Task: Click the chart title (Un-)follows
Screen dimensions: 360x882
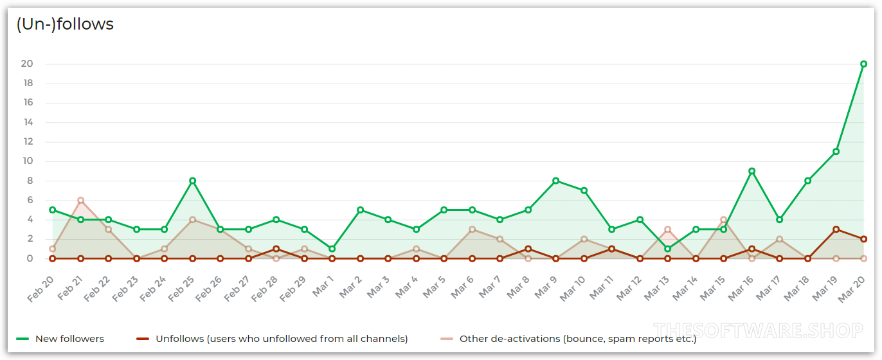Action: click(65, 24)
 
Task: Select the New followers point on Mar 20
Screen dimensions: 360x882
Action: click(863, 64)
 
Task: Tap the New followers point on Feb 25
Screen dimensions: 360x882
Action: click(192, 181)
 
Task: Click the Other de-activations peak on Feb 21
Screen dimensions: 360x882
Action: click(80, 200)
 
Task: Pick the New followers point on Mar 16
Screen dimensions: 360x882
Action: click(751, 171)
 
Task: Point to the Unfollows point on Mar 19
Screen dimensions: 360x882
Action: click(836, 230)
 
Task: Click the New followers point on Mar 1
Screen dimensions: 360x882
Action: click(332, 249)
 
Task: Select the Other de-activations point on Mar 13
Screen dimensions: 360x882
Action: click(668, 230)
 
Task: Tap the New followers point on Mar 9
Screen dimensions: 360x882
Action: click(556, 181)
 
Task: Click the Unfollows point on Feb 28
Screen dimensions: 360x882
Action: click(276, 249)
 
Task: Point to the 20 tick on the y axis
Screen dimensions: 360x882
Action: click(27, 64)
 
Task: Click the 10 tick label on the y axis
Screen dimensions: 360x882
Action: click(27, 161)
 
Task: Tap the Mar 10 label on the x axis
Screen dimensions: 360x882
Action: click(572, 286)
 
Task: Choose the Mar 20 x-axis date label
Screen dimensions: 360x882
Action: click(852, 286)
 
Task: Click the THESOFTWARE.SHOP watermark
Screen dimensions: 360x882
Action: click(757, 331)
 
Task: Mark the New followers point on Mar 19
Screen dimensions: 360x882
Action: click(836, 152)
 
